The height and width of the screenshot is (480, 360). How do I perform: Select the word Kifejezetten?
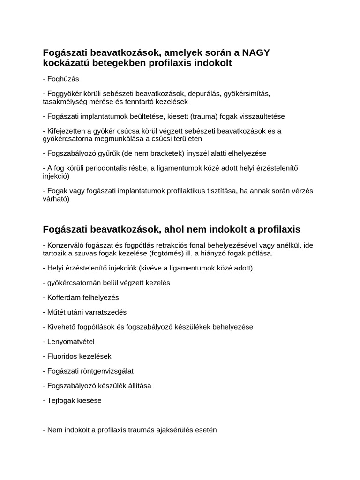tap(67, 131)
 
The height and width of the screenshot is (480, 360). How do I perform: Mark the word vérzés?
tap(301, 191)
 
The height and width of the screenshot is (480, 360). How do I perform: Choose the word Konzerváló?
tap(67, 245)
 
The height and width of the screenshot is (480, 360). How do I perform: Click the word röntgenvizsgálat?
tap(108, 371)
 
